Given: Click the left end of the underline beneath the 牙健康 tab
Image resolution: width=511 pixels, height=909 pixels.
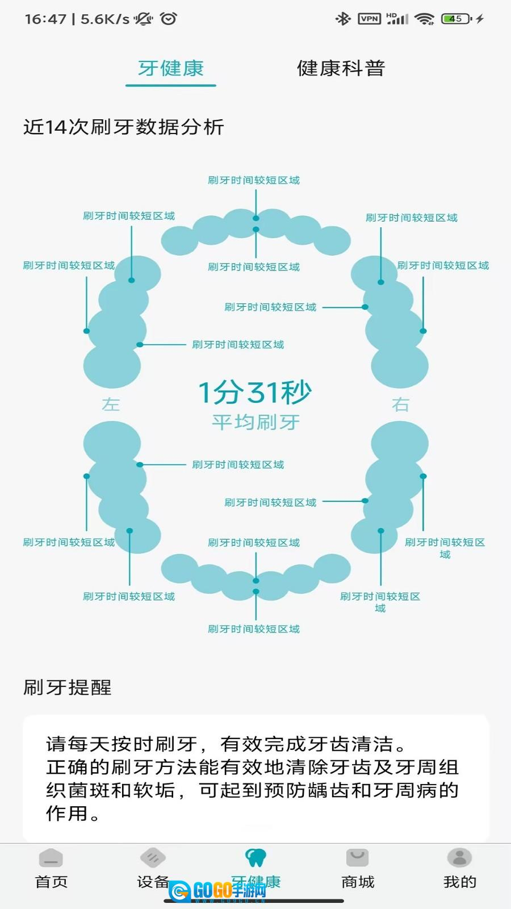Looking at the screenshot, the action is coord(127,85).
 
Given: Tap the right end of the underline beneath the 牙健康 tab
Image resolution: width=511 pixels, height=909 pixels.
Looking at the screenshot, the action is coord(215,85).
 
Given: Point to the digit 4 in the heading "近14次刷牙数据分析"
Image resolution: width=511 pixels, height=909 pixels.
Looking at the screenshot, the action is coord(59,127).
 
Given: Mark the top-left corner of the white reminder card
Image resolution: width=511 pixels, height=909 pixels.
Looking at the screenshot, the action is coord(23,716).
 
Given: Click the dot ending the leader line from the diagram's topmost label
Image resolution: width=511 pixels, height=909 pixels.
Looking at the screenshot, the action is coord(256,218).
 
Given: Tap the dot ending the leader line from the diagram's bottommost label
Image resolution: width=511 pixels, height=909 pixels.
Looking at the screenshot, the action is coord(256,591).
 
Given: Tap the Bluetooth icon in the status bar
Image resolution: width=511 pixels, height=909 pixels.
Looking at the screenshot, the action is coord(343,19).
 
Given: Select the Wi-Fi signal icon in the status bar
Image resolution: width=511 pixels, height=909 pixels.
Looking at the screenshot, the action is coord(425,19).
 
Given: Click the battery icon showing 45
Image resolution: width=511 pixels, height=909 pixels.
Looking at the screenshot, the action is coord(456,19).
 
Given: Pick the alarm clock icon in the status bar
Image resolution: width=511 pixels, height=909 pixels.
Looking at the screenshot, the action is coord(168,19).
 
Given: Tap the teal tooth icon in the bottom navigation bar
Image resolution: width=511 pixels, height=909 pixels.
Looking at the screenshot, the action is coord(256,857).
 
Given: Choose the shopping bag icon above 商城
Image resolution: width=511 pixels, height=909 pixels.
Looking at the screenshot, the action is coord(357,857).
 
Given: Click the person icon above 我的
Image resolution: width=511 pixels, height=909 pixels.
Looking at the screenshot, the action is coord(459,857).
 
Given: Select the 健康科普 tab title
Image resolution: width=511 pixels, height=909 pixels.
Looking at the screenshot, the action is coord(341,68).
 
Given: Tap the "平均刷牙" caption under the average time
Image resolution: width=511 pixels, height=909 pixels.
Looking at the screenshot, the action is coord(256,423).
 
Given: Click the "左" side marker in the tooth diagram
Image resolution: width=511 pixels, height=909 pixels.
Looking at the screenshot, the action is coord(111,405).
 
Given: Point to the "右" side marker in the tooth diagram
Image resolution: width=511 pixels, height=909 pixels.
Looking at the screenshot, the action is coord(400,405).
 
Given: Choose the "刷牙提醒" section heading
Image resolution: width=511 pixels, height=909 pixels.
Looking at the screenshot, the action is coord(68,687).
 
